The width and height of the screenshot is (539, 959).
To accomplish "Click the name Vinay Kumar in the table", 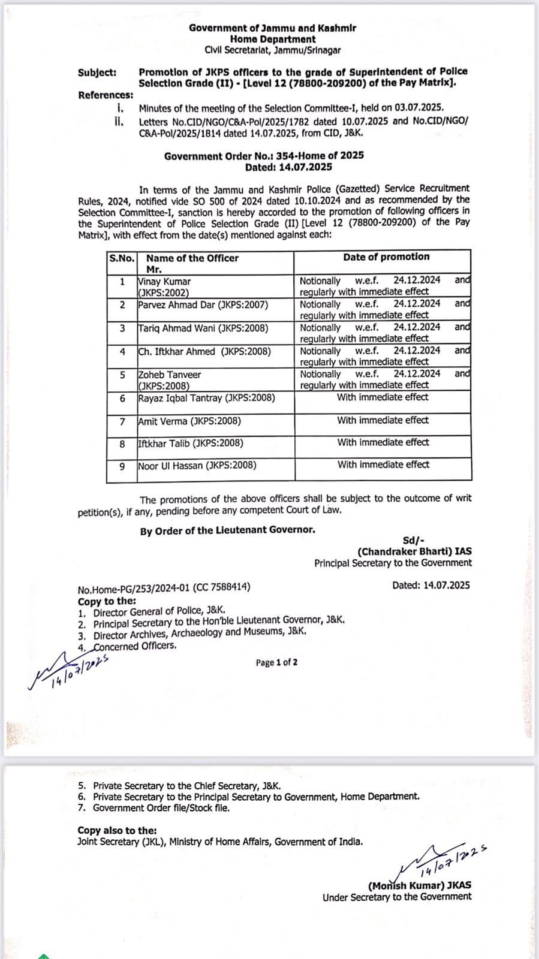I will point(164,281).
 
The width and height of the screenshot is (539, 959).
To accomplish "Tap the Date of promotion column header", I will point(386,257).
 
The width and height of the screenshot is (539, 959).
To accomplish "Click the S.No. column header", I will point(122,258).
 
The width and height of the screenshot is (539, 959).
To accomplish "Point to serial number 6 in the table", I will point(122,398).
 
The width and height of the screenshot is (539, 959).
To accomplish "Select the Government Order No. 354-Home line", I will point(264,155).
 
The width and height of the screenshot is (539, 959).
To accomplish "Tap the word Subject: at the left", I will point(97,73).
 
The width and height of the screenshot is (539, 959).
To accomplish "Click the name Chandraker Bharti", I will point(414,551).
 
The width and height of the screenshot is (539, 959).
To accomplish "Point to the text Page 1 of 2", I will point(276,662).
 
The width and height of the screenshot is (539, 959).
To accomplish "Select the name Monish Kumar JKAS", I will point(420,886).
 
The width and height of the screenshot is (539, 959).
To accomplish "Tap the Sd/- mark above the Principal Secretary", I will point(414,540).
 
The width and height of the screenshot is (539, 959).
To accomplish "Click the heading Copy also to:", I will point(117,831).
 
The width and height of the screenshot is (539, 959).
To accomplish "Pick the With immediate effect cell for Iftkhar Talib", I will point(383,443).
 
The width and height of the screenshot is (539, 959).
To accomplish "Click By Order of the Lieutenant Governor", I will point(227,530).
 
